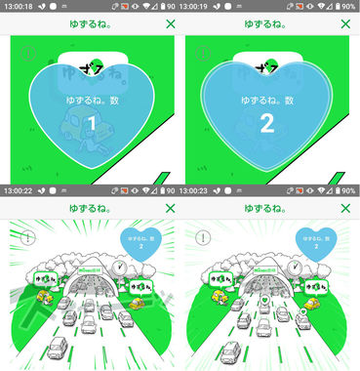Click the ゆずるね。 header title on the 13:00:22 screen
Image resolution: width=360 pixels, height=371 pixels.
[90, 209]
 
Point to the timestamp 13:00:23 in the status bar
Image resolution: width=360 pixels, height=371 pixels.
[198, 191]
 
